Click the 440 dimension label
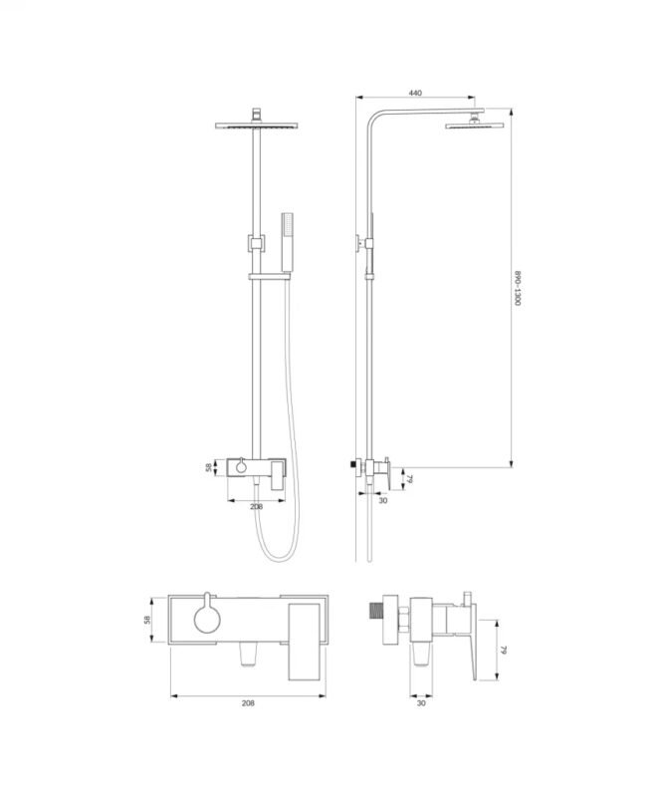point(415,93)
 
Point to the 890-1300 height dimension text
point(518,288)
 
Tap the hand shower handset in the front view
point(287,242)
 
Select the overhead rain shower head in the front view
point(256,125)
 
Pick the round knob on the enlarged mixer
point(207,618)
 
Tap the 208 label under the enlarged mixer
point(248,703)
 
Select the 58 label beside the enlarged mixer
point(148,620)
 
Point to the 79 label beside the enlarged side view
point(504,650)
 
